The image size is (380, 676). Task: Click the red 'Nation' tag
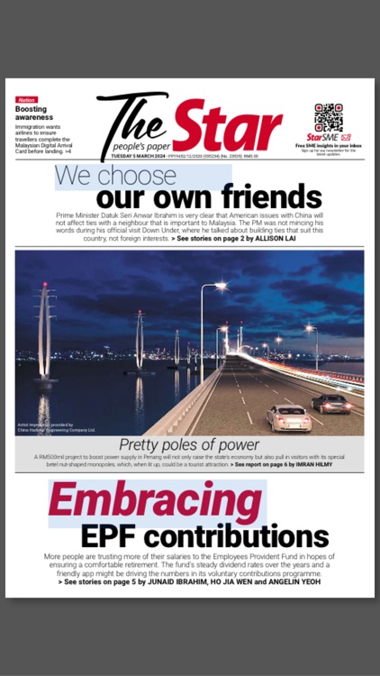click(27, 99)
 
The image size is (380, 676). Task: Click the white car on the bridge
click(288, 417)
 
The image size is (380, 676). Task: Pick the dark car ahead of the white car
click(331, 403)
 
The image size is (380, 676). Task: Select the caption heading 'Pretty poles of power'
click(189, 445)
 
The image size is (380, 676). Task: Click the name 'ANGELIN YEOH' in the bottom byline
click(290, 581)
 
